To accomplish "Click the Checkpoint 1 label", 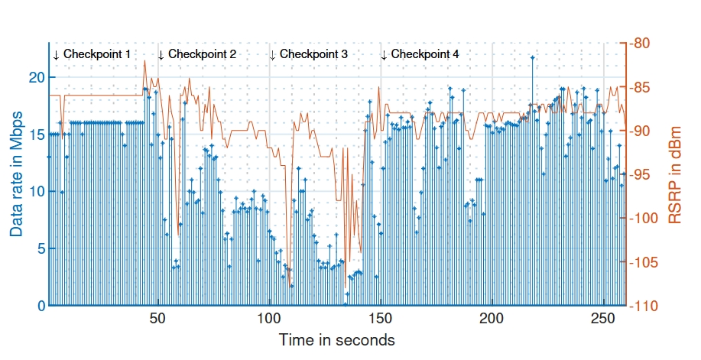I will tap(96, 54).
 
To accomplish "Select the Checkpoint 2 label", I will tap(202, 54).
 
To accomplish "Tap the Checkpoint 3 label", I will tap(313, 54).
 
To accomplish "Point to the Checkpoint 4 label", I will tap(425, 54).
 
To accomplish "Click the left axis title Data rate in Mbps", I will tap(16, 174).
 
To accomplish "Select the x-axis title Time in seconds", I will tap(336, 339).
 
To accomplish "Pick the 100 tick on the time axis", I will tap(270, 318).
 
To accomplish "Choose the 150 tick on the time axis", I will tap(381, 318).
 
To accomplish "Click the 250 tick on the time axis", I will tap(603, 318).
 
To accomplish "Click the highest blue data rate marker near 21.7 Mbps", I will tap(532, 58).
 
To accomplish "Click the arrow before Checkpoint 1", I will tap(56, 55).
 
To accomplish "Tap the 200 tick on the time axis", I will tap(492, 318).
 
